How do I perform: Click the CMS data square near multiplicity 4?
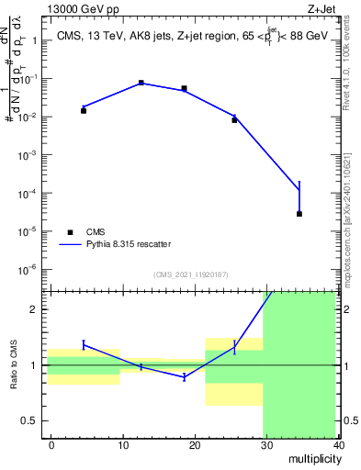click(x=84, y=110)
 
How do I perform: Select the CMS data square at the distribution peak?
click(x=141, y=83)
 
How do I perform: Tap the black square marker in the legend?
click(x=69, y=232)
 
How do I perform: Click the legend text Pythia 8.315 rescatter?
click(x=128, y=244)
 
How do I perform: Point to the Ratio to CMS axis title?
click(x=15, y=365)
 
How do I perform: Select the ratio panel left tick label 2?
click(x=33, y=309)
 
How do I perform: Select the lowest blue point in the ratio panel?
click(x=185, y=377)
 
